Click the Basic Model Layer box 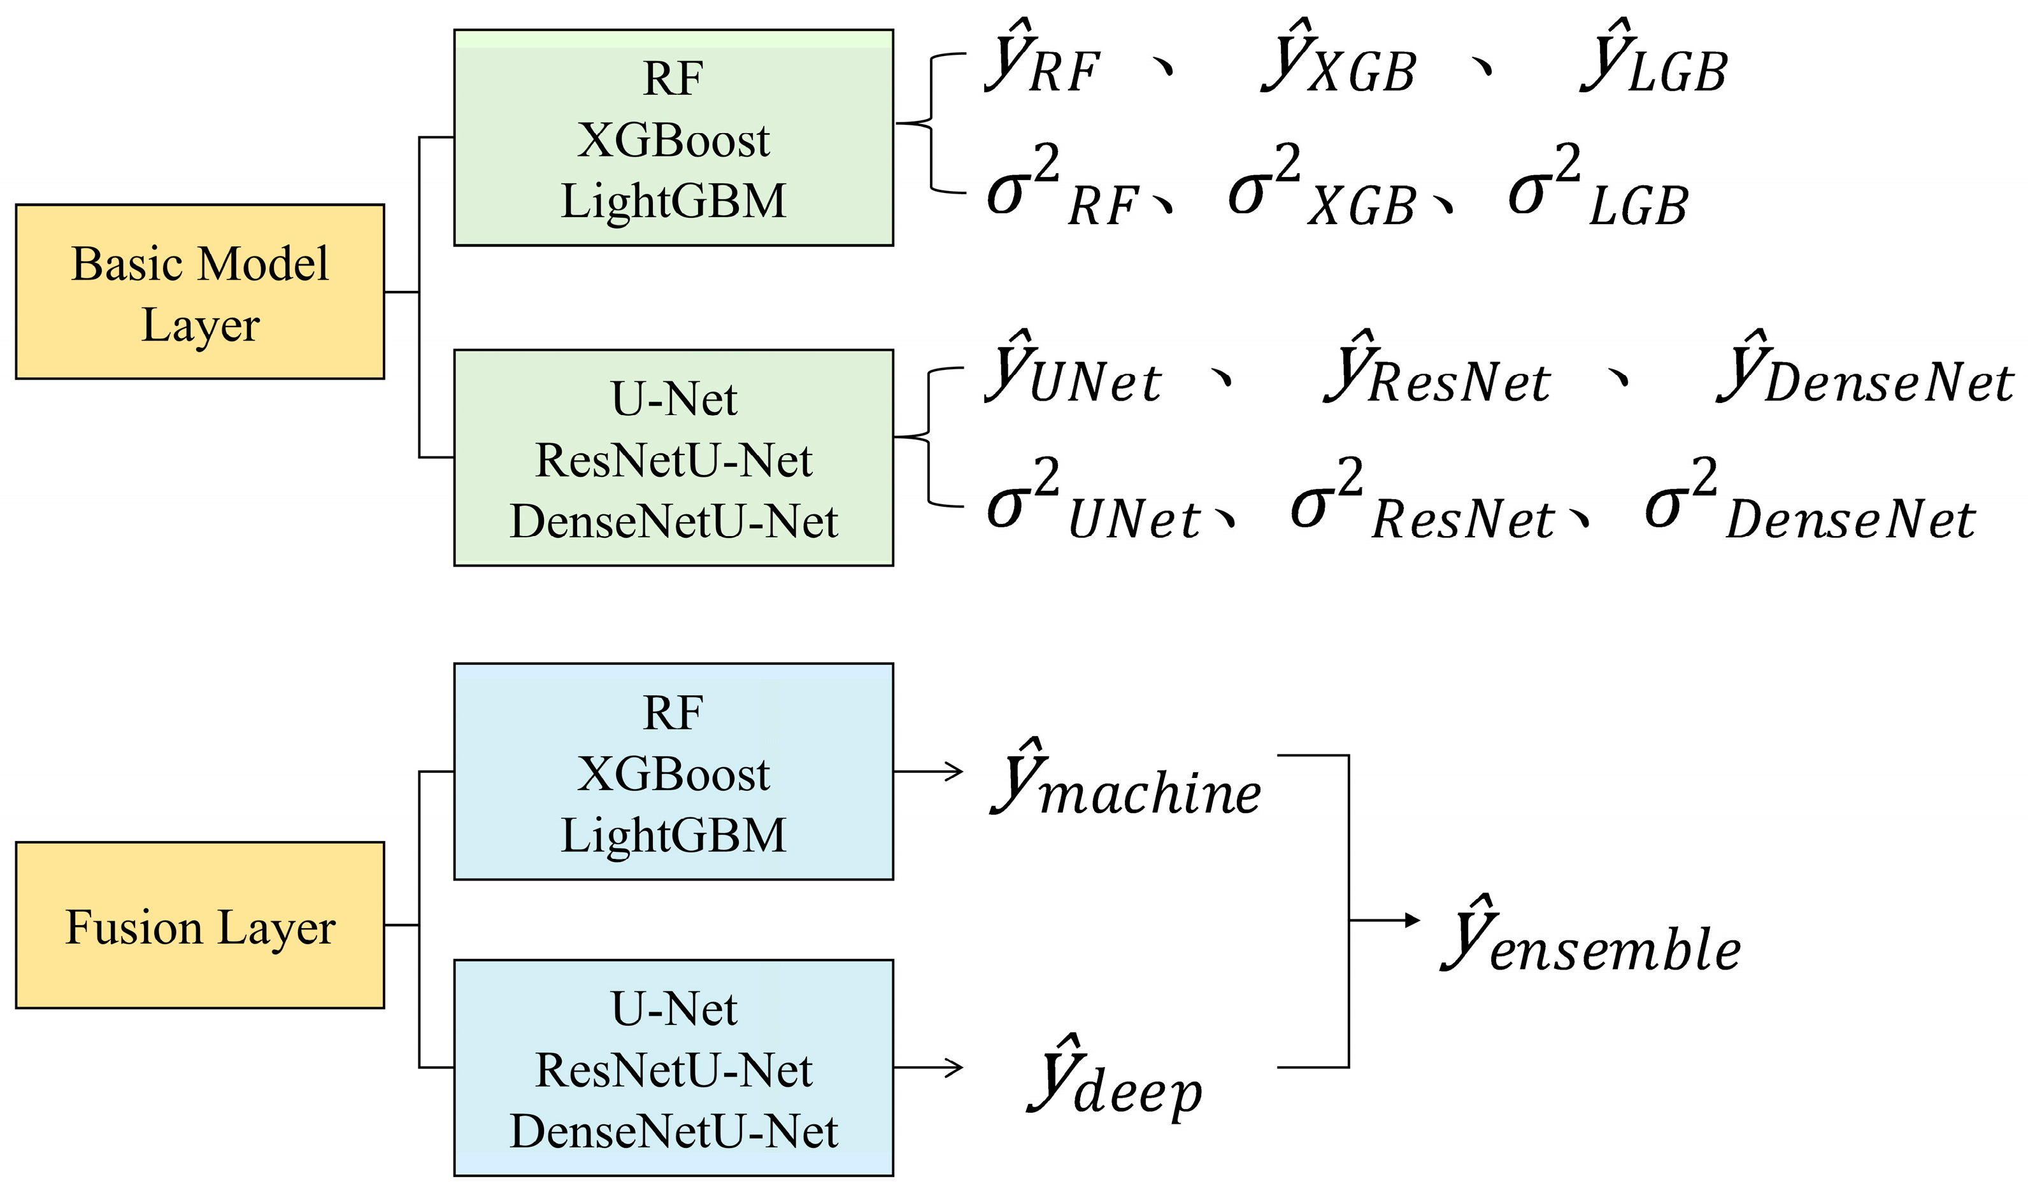pyautogui.click(x=200, y=292)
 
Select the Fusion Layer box pyautogui.click(x=200, y=925)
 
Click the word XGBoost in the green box pyautogui.click(x=673, y=140)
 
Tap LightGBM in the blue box pyautogui.click(x=673, y=835)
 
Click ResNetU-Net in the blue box pyautogui.click(x=673, y=1070)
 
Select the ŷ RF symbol pyautogui.click(x=1041, y=60)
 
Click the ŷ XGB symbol pyautogui.click(x=1337, y=60)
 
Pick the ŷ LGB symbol pyautogui.click(x=1653, y=60)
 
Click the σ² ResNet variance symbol pyautogui.click(x=1422, y=504)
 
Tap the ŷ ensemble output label pyautogui.click(x=1590, y=938)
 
